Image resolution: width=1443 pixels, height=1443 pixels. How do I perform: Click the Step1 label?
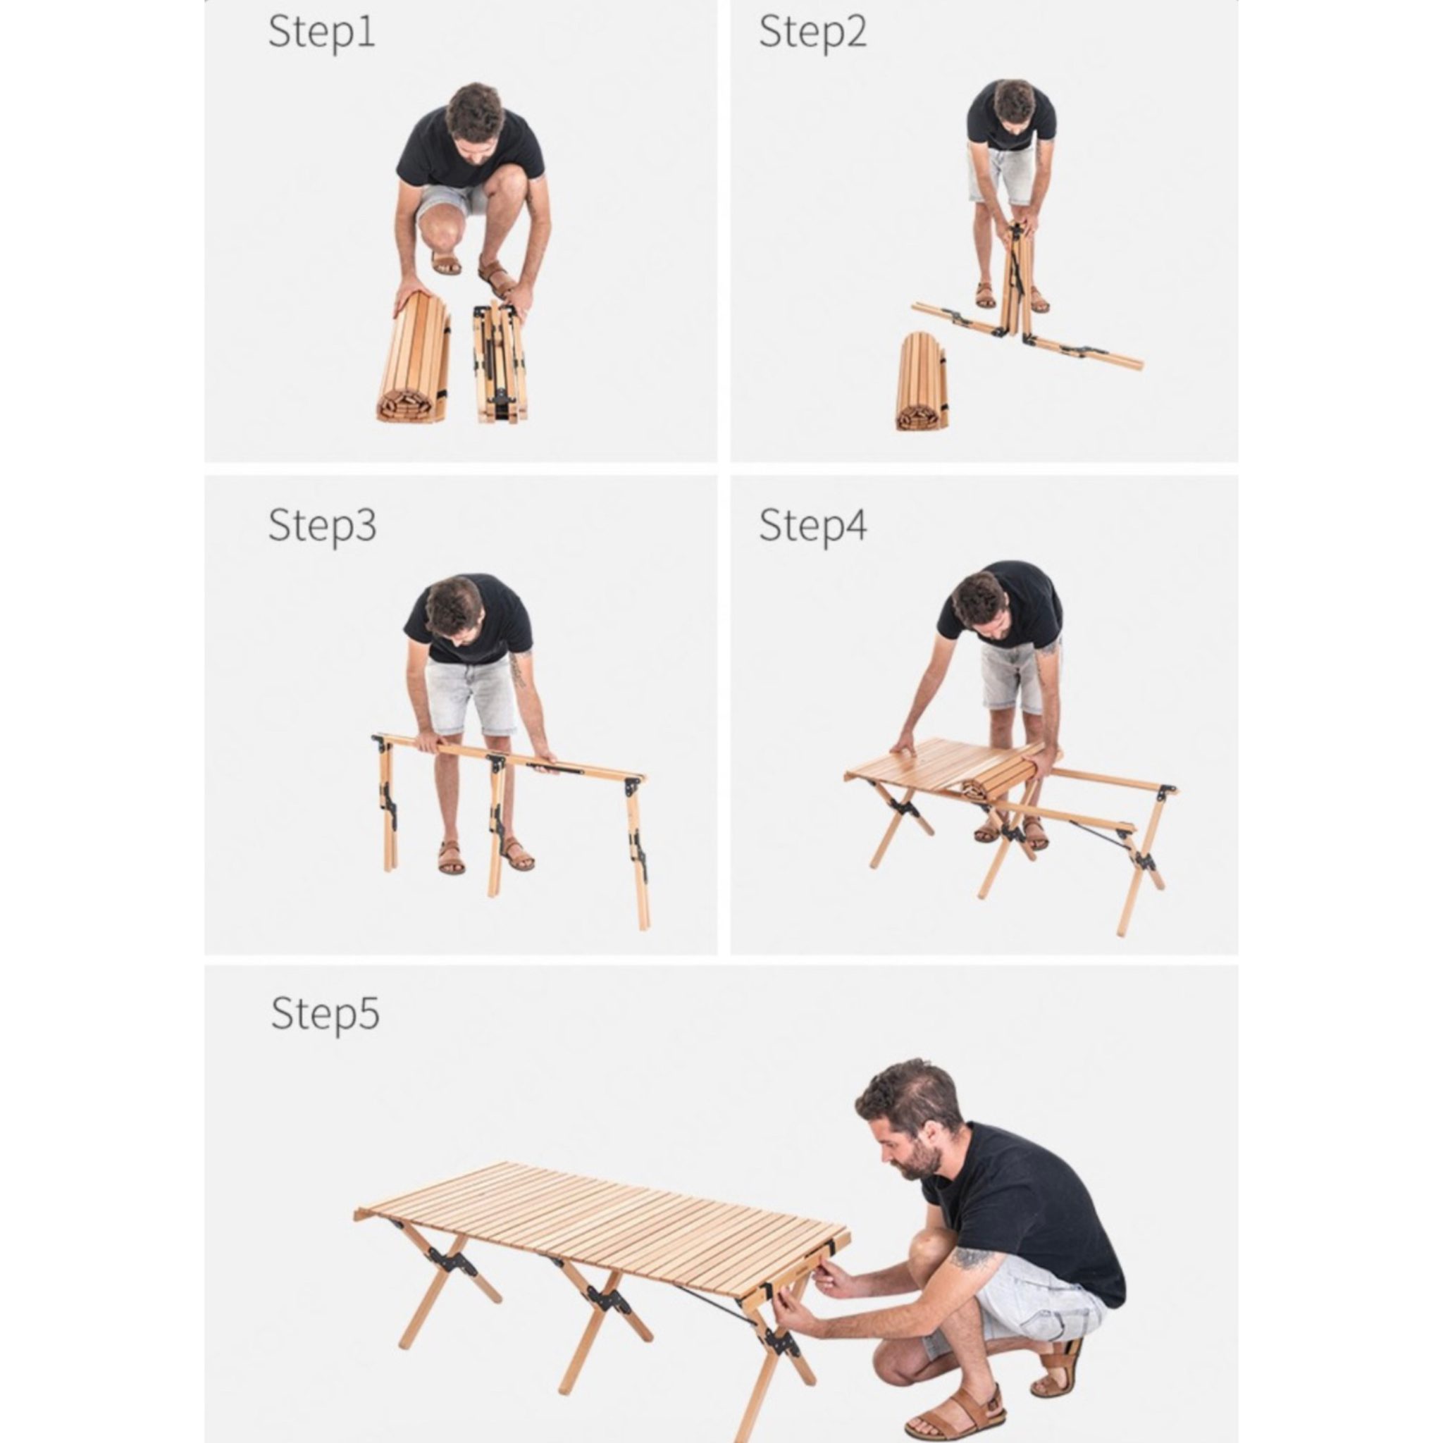tap(321, 33)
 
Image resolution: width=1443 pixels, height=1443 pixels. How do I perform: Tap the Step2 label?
tap(812, 33)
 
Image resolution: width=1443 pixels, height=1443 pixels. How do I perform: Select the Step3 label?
tap(322, 526)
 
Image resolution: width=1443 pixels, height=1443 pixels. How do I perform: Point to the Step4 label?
tap(812, 526)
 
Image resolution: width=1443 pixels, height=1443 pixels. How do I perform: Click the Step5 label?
tap(325, 1015)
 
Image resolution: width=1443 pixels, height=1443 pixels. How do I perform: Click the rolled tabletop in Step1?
tap(414, 357)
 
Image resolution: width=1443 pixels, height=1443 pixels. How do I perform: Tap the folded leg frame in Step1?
tap(499, 364)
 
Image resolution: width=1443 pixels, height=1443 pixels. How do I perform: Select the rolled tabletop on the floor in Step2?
tap(922, 381)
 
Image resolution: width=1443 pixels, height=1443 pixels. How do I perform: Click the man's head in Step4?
tap(981, 605)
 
